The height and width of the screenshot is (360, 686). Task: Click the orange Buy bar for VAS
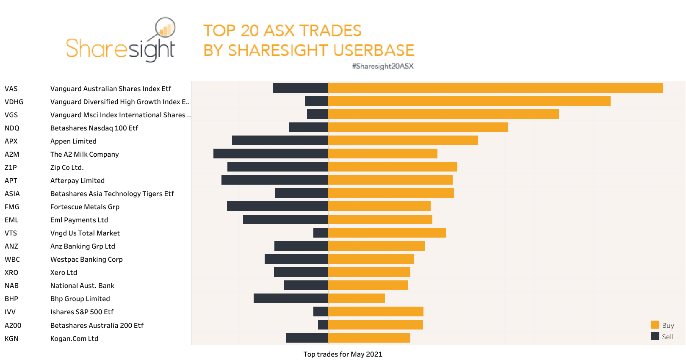[x=495, y=88]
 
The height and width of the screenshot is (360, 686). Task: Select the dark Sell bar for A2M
[x=271, y=153]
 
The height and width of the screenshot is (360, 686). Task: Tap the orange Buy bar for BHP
[x=356, y=298]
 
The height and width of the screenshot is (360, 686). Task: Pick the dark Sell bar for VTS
[x=321, y=233]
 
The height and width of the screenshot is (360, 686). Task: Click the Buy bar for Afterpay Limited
[x=390, y=180]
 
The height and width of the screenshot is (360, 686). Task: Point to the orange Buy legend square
[x=655, y=325]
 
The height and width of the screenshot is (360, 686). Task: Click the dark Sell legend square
[x=655, y=336]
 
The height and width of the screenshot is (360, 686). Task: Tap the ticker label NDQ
[x=12, y=128]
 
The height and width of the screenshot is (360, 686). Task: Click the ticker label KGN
[x=11, y=338]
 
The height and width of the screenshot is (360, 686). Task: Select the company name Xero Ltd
[x=64, y=272]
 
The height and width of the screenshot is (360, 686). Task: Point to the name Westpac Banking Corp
[x=86, y=259]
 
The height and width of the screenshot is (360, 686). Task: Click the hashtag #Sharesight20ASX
[x=382, y=66]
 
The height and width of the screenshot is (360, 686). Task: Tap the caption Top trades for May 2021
[x=343, y=354]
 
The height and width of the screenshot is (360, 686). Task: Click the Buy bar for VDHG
[x=469, y=101]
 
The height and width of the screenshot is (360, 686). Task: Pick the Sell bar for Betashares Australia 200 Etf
[x=323, y=324]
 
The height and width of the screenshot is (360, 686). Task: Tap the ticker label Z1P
[x=11, y=167]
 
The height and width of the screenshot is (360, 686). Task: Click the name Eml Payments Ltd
[x=79, y=220]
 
